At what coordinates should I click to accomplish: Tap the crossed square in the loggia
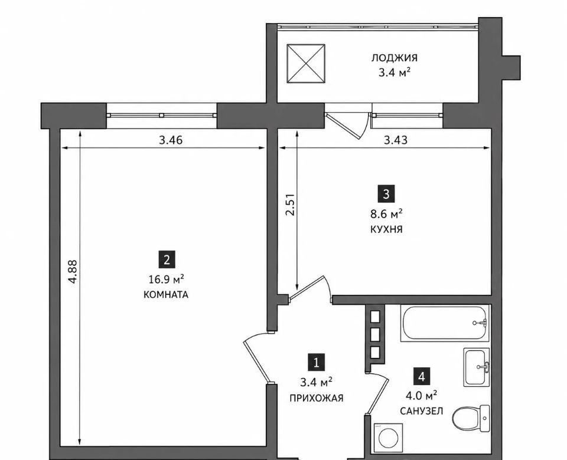point(306,64)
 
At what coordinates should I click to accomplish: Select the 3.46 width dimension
point(171,140)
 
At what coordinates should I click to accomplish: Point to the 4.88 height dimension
point(73,271)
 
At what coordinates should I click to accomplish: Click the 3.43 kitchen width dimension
point(396,140)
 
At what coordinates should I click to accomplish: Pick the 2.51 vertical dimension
point(291,205)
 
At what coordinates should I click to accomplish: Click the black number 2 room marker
point(167,260)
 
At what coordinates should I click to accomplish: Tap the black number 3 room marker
point(386,194)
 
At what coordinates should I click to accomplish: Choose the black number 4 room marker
point(421,377)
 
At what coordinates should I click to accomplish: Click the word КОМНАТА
point(166,295)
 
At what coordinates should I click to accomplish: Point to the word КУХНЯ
point(386,229)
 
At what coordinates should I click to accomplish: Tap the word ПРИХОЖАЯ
point(317,398)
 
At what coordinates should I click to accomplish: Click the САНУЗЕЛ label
point(421,411)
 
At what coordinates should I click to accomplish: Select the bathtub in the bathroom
point(445,323)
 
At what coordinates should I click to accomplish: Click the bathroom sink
point(477,367)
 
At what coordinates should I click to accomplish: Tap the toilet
point(471,418)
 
